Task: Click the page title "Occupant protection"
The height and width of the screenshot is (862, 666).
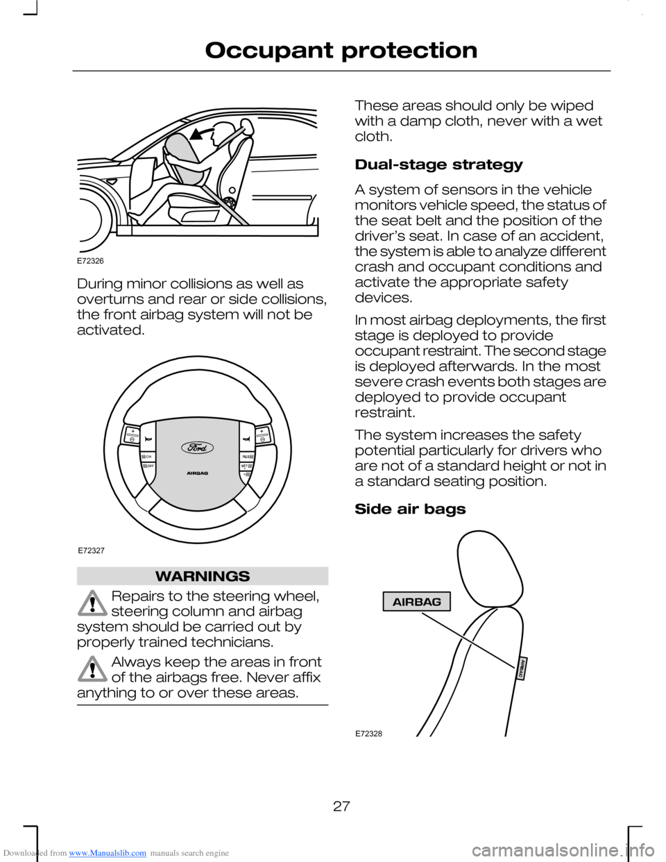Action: [341, 51]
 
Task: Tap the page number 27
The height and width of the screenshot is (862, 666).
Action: [341, 806]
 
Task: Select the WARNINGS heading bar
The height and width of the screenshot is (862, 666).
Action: [203, 576]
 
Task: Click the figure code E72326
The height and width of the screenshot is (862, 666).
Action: [90, 261]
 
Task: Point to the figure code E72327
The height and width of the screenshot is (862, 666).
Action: [91, 550]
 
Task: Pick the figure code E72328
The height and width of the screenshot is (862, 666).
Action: [368, 734]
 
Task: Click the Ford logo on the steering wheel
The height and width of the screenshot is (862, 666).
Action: [198, 448]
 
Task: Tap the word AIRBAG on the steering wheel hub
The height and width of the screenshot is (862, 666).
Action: [198, 473]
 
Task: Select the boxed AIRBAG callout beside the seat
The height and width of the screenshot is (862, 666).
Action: [416, 602]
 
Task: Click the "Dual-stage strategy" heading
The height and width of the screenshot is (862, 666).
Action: [438, 165]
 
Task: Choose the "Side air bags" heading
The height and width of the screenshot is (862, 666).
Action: [410, 509]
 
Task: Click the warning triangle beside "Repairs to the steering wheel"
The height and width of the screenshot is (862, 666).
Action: [92, 602]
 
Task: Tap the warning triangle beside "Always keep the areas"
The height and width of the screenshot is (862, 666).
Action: [92, 668]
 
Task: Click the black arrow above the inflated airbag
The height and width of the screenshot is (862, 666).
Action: [202, 133]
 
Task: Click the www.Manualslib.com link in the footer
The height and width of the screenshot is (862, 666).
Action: [108, 853]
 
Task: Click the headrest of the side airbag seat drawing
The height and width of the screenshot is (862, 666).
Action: [488, 563]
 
